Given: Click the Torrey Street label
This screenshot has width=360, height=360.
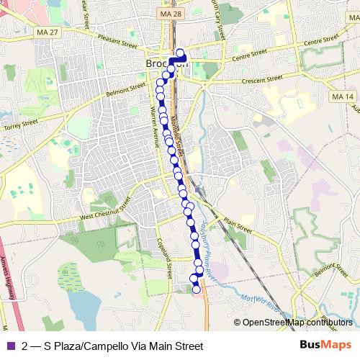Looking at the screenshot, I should point(19,125).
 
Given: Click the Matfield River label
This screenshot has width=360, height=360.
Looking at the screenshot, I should point(261,303).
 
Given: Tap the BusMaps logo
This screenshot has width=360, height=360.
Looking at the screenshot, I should point(325,345).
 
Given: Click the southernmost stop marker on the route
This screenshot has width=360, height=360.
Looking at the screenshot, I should point(197,289).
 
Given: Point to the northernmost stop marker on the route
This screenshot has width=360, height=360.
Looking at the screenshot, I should point(179,53).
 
